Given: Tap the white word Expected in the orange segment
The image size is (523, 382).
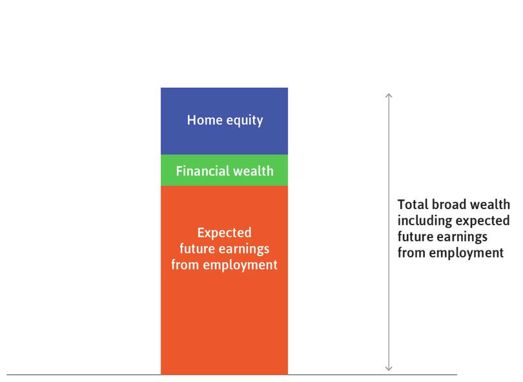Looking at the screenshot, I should click(x=224, y=232).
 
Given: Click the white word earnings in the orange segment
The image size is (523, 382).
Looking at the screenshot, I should click(x=243, y=249).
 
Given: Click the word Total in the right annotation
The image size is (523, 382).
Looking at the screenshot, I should click(x=413, y=205).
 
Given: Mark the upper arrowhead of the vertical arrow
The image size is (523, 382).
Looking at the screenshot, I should click(x=389, y=97).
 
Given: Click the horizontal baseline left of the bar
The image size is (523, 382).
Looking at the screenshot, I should click(x=84, y=375).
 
